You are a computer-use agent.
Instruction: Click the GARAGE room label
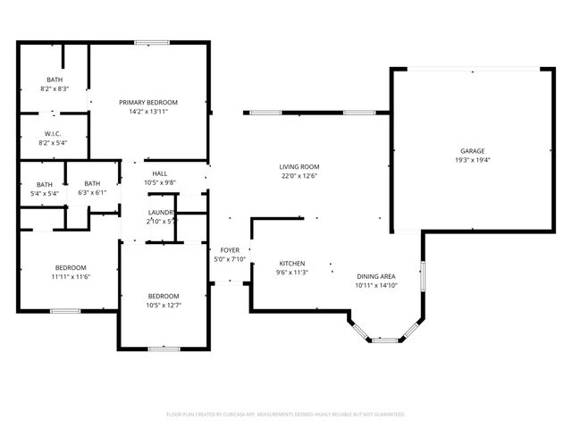[473, 151]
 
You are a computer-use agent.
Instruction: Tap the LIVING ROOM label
[299, 167]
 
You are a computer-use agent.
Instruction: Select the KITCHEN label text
[292, 264]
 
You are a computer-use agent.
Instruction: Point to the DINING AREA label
[375, 276]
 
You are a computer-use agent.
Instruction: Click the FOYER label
[230, 250]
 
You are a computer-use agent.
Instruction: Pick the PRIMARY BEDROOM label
[148, 103]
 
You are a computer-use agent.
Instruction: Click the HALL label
[160, 173]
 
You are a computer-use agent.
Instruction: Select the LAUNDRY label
[162, 212]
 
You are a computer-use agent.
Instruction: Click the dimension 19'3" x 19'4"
[473, 160]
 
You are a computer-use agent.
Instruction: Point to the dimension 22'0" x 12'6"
[299, 176]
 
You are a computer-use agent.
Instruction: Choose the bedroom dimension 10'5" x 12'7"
[164, 306]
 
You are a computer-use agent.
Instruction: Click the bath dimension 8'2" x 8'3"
[55, 88]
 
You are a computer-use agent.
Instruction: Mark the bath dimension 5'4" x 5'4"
[45, 193]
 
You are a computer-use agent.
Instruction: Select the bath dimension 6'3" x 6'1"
[92, 193]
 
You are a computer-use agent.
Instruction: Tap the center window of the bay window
[384, 340]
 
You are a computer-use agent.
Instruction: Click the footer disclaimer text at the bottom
[286, 415]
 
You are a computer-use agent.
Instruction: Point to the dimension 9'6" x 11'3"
[292, 273]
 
